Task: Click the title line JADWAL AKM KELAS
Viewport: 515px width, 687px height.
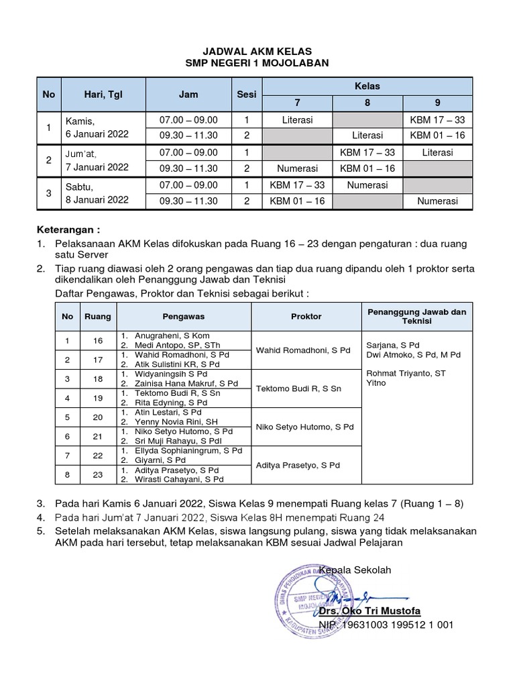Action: pyautogui.click(x=257, y=51)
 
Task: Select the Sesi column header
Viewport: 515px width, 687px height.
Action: pyautogui.click(x=247, y=95)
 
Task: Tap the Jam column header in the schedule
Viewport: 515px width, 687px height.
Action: pyautogui.click(x=188, y=95)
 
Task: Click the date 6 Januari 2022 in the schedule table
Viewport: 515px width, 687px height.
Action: pyautogui.click(x=97, y=134)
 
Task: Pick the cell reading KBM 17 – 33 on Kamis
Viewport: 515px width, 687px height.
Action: pyautogui.click(x=437, y=120)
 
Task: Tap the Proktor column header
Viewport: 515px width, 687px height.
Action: pyautogui.click(x=306, y=316)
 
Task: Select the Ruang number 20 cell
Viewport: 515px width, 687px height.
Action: pyautogui.click(x=98, y=417)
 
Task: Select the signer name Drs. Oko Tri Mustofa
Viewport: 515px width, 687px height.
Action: pyautogui.click(x=380, y=611)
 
